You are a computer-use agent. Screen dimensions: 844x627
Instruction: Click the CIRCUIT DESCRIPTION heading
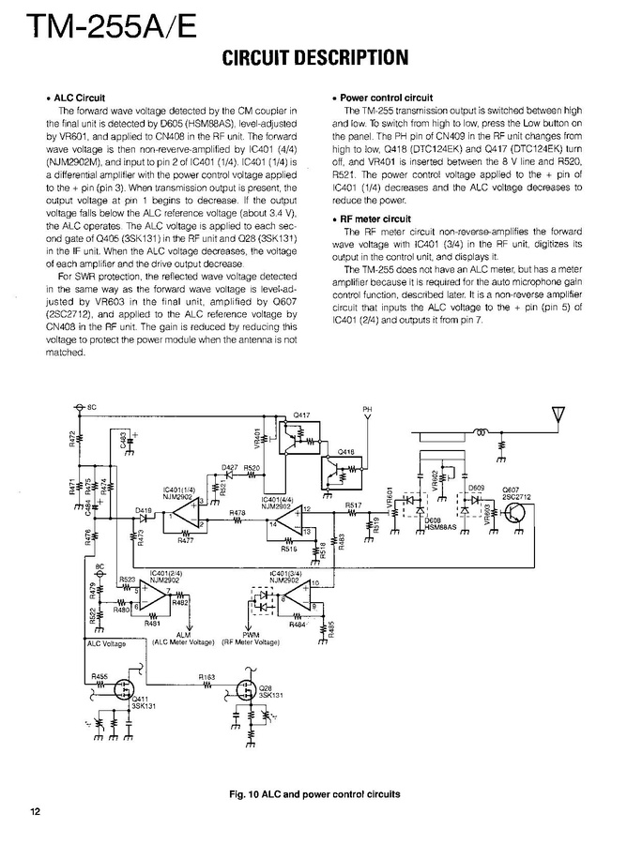pyautogui.click(x=314, y=58)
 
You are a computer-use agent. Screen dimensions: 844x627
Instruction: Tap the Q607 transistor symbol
pyautogui.click(x=515, y=512)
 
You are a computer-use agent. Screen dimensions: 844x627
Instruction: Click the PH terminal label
pyautogui.click(x=367, y=410)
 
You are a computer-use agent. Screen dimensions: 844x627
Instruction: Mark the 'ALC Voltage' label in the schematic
pyautogui.click(x=106, y=643)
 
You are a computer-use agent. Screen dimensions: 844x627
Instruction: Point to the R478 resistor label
pyautogui.click(x=238, y=512)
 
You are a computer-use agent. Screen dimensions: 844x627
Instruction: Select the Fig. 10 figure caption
pyautogui.click(x=314, y=793)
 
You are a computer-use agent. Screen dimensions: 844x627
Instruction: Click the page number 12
pyautogui.click(x=35, y=812)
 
